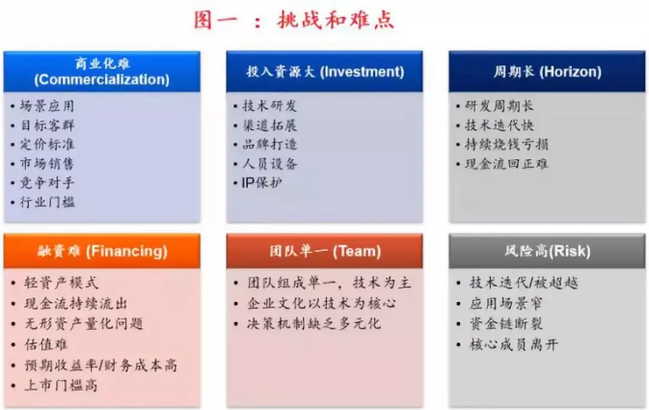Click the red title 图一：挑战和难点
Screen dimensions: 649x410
pyautogui.click(x=294, y=20)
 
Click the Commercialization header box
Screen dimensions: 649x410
pyautogui.click(x=102, y=71)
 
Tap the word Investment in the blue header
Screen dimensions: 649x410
pyautogui.click(x=363, y=71)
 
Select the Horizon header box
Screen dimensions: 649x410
pyautogui.click(x=547, y=71)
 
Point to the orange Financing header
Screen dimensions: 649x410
pyautogui.click(x=102, y=251)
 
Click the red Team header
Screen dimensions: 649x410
pyautogui.click(x=324, y=251)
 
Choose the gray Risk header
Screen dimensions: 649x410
pyautogui.click(x=547, y=251)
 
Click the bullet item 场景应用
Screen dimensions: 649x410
pyautogui.click(x=47, y=106)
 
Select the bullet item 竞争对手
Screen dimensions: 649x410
pyautogui.click(x=47, y=182)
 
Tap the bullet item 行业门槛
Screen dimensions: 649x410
pyautogui.click(x=47, y=202)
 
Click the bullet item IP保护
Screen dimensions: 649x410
pyautogui.click(x=262, y=182)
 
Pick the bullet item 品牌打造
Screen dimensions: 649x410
pyautogui.click(x=270, y=144)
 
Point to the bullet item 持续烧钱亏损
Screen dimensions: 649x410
pyautogui.click(x=506, y=144)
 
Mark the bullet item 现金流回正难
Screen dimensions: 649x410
pyautogui.click(x=506, y=164)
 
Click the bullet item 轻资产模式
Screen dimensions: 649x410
pyautogui.click(x=62, y=283)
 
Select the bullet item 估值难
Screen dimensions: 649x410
pyautogui.click(x=45, y=344)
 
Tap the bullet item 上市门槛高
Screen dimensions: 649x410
pyautogui.click(x=61, y=386)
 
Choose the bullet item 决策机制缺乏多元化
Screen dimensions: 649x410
pyautogui.click(x=313, y=323)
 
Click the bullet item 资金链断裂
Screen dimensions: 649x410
pyautogui.click(x=505, y=323)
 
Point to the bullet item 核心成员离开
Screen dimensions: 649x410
pyautogui.click(x=514, y=344)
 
